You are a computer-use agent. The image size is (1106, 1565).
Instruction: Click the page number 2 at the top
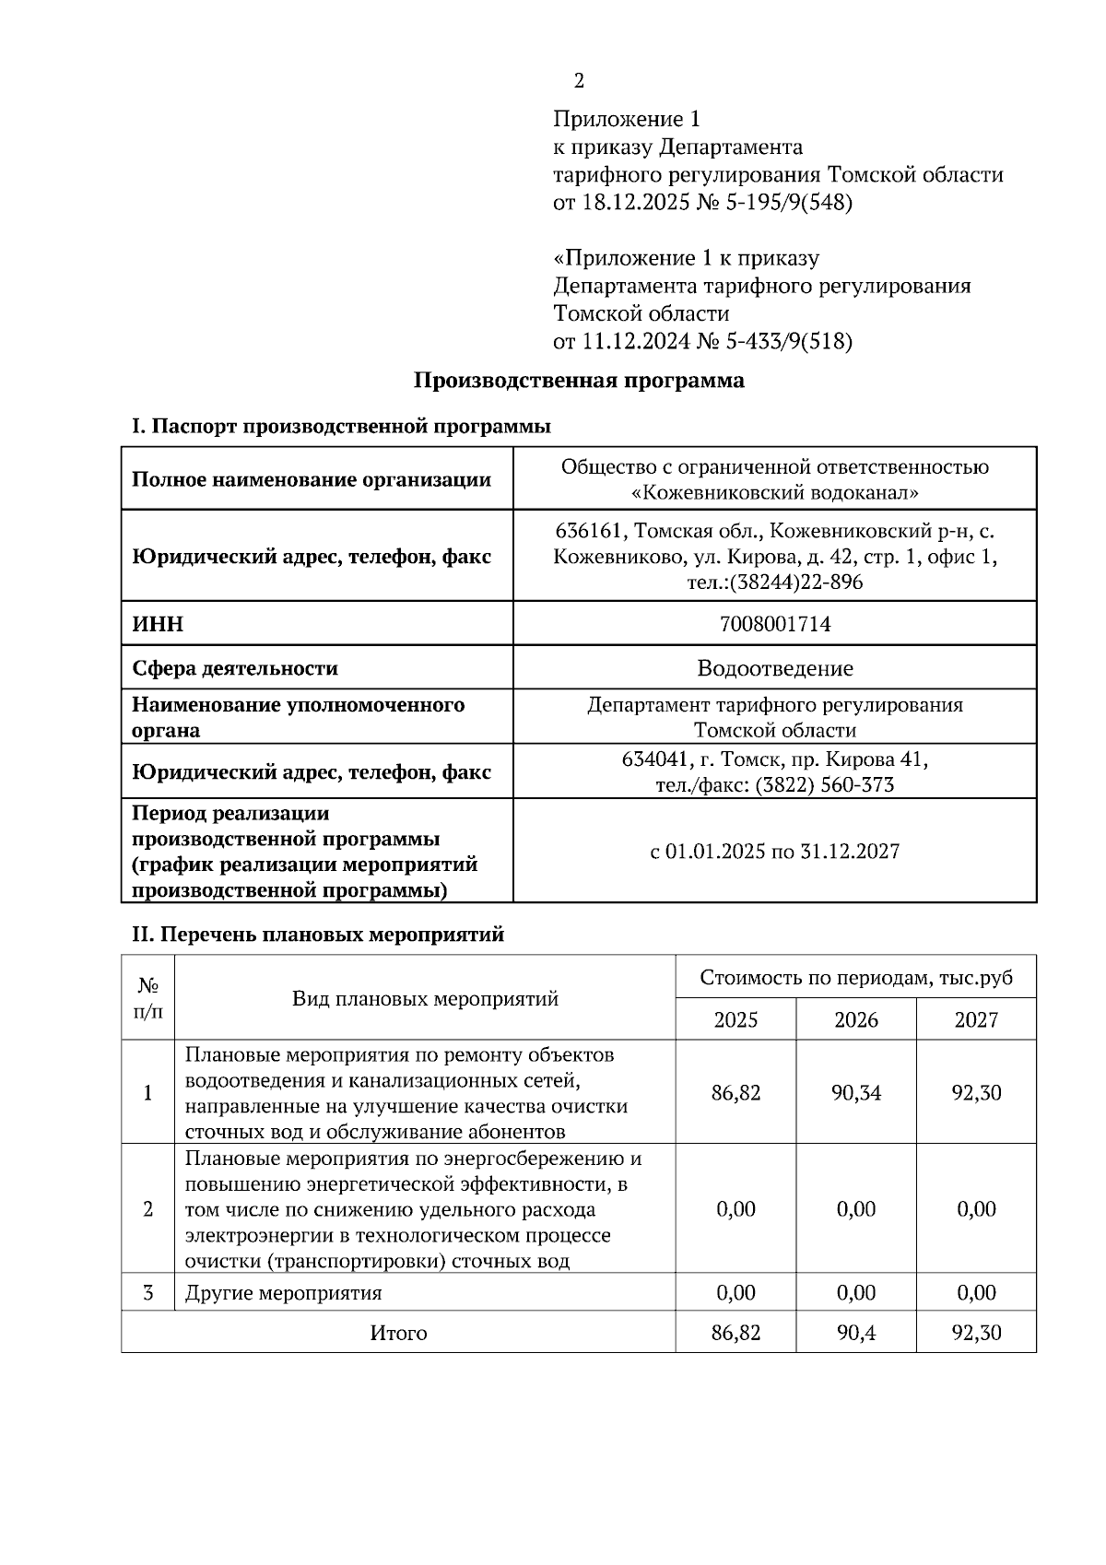579,81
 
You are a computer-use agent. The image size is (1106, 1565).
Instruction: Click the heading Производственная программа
578,381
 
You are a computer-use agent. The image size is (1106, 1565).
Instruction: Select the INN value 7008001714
774,625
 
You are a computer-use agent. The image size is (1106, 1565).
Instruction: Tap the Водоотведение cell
774,668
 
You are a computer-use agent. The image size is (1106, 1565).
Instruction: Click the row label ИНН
158,625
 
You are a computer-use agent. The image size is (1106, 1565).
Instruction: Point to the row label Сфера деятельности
234,668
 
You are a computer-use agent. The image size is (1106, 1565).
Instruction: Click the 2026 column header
855,1020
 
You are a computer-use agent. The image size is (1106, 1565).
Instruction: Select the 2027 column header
975,1020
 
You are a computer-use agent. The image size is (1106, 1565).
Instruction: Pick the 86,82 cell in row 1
735,1093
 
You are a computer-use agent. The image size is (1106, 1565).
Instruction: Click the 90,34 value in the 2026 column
855,1093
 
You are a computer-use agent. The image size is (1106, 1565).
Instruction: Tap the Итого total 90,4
855,1333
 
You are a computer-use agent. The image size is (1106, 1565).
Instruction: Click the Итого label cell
398,1333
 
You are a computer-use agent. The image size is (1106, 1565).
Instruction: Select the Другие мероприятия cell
283,1293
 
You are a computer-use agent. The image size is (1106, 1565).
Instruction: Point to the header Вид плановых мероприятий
425,999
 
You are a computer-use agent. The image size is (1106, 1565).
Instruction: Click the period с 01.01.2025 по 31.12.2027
774,852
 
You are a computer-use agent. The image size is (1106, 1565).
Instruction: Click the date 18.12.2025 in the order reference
635,203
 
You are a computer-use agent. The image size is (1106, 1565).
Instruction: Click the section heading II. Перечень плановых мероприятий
318,935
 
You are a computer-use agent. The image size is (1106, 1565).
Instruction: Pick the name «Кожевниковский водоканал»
774,493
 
